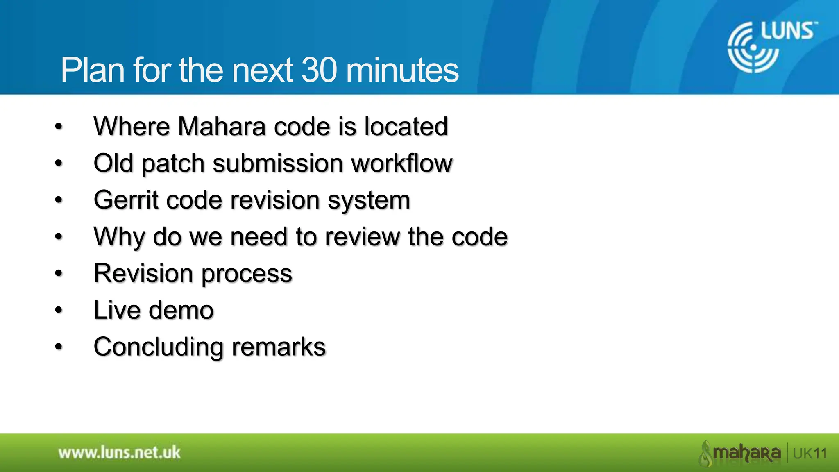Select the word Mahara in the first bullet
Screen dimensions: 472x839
(x=222, y=126)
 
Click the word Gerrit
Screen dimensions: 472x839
(x=126, y=200)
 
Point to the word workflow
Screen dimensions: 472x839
(x=401, y=163)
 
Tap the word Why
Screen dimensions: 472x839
(x=118, y=237)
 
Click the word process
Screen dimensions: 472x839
(x=247, y=274)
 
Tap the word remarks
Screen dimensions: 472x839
(x=279, y=347)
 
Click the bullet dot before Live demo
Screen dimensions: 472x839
(x=59, y=310)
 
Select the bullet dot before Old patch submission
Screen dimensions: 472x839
(x=59, y=163)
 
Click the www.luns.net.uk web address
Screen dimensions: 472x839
(x=119, y=453)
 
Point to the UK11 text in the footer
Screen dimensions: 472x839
(x=810, y=454)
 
